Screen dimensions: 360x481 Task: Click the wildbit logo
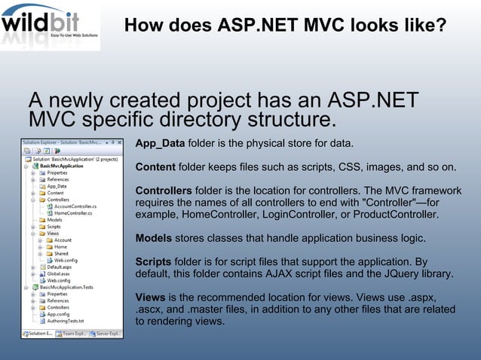point(50,26)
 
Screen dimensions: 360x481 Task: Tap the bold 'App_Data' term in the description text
point(160,143)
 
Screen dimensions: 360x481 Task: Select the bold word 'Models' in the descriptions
point(155,238)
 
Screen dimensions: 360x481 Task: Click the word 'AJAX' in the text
point(280,274)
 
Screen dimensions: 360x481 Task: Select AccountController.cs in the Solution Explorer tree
point(75,205)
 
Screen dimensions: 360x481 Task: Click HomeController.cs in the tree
point(72,212)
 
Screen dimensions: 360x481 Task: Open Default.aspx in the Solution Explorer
point(60,267)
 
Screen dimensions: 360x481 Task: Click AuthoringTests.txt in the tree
point(66,321)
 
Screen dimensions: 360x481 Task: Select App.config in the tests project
point(59,314)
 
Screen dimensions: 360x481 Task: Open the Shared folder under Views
point(61,253)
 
